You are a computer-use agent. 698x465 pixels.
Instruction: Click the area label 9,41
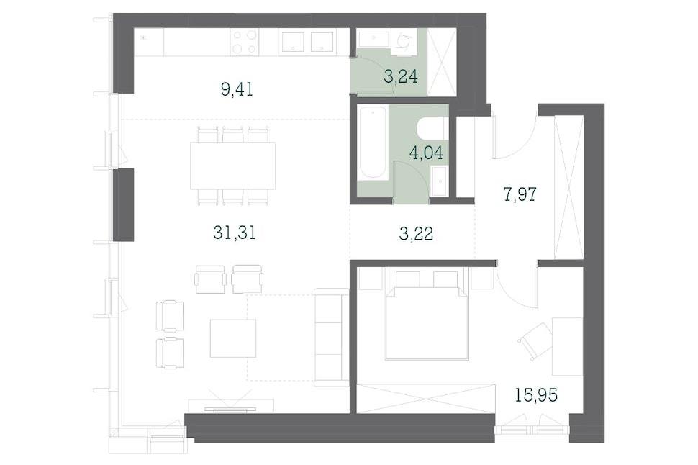pyautogui.click(x=237, y=89)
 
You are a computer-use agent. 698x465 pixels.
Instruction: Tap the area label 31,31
pyautogui.click(x=235, y=232)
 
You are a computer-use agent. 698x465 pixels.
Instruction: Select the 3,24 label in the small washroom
pyautogui.click(x=401, y=76)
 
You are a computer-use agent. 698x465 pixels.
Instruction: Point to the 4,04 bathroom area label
pyautogui.click(x=426, y=153)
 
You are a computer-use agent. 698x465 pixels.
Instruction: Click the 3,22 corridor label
pyautogui.click(x=416, y=233)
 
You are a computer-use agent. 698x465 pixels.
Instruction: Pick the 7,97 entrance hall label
pyautogui.click(x=520, y=194)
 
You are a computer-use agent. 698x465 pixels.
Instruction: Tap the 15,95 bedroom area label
pyautogui.click(x=536, y=394)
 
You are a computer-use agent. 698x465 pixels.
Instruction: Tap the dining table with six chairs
pyautogui.click(x=233, y=166)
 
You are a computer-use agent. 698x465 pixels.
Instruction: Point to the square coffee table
pyautogui.click(x=233, y=338)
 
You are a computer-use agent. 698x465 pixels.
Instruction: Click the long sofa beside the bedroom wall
pyautogui.click(x=331, y=337)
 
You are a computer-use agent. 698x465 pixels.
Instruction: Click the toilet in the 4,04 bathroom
pyautogui.click(x=431, y=129)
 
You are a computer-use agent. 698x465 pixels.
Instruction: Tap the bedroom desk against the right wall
pyautogui.click(x=568, y=346)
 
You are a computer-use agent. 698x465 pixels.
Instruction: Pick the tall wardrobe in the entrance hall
pyautogui.click(x=568, y=186)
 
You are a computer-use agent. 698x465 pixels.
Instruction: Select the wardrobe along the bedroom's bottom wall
pyautogui.click(x=426, y=398)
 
